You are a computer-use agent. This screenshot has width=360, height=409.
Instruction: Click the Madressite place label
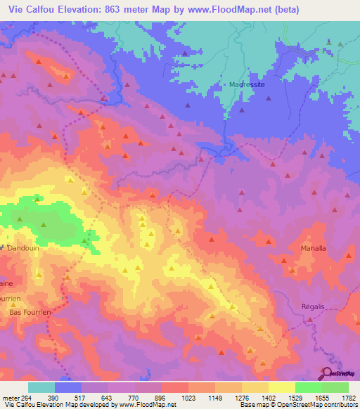click(246, 84)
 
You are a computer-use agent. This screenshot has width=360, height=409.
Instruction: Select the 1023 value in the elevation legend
click(188, 397)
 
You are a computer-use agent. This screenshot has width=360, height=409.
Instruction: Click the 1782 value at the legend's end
click(348, 397)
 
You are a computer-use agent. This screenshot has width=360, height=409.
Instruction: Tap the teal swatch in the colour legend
click(41, 387)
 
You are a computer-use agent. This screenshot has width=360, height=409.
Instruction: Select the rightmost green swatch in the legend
click(335, 387)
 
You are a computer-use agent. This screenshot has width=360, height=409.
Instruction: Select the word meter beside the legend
click(11, 397)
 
